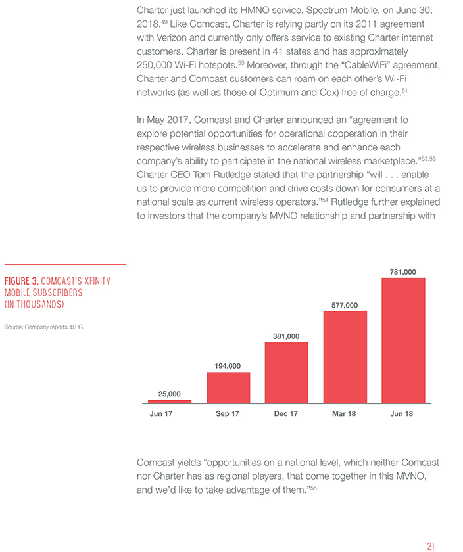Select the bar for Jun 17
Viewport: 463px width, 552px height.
(170, 402)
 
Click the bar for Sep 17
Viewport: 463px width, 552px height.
(228, 388)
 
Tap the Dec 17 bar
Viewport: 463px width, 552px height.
(287, 373)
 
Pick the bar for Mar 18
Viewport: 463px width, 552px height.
(345, 357)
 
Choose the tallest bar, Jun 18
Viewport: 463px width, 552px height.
(403, 340)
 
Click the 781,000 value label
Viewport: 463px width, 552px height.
(402, 272)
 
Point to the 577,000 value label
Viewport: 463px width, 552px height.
(345, 305)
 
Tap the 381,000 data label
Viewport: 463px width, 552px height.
(286, 336)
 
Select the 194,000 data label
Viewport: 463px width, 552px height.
(228, 366)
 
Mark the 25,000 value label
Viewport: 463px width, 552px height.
(169, 394)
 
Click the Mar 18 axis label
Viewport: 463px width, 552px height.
(344, 413)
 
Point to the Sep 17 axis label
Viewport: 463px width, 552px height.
(228, 413)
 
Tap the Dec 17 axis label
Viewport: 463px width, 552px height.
(286, 413)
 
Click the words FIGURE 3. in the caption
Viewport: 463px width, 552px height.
(21, 281)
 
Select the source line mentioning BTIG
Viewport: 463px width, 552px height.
(44, 327)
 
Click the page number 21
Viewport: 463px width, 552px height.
(431, 546)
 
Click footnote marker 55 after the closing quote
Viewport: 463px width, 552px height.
(313, 488)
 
